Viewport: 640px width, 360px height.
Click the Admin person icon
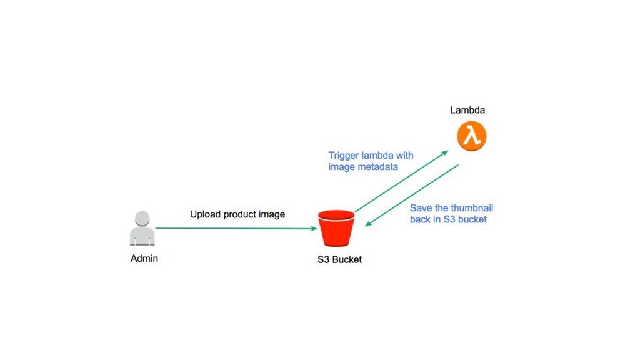tap(142, 229)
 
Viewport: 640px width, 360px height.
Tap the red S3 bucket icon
tap(336, 229)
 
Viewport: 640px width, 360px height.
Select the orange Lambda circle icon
tap(471, 136)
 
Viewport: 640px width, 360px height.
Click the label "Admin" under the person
tap(144, 258)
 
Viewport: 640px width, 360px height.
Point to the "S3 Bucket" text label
tap(339, 259)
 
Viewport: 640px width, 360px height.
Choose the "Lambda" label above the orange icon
tap(467, 111)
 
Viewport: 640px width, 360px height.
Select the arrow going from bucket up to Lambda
tap(400, 182)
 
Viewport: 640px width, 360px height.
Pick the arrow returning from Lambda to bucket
tap(412, 196)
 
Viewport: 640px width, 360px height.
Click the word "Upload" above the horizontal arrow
tap(205, 214)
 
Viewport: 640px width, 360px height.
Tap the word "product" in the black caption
tap(240, 214)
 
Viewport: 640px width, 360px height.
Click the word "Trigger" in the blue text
tap(344, 156)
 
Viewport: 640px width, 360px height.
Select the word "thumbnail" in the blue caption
tap(472, 208)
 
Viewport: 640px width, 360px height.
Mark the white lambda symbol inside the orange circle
tap(471, 136)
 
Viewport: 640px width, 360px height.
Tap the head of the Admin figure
tap(142, 219)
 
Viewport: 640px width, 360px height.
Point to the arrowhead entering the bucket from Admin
tap(314, 229)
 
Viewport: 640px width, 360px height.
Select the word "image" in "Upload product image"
tap(272, 214)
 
